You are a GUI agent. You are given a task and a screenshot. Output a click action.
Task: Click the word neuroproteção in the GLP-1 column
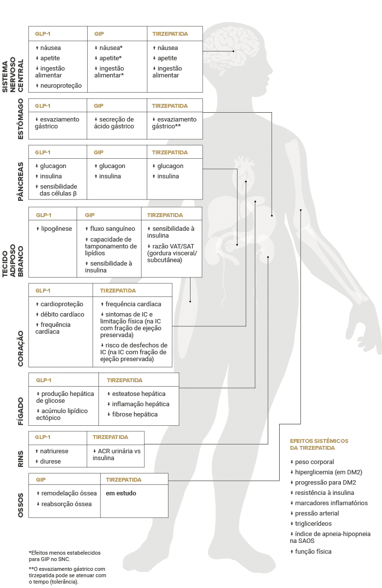point(61,86)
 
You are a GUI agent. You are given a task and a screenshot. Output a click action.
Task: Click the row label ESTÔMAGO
point(21,119)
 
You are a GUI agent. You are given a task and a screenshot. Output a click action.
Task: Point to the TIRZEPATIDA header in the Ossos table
point(123,480)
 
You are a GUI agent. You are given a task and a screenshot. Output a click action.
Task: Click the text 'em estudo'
point(121,493)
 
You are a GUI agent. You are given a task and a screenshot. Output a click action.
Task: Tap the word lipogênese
point(56,229)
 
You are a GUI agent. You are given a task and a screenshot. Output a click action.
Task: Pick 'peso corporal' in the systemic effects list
point(314,462)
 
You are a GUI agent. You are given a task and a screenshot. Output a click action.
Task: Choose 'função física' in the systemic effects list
point(313,552)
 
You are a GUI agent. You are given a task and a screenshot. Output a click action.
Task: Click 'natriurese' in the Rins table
point(54,451)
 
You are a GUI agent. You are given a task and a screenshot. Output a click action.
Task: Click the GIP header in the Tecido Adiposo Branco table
point(90,215)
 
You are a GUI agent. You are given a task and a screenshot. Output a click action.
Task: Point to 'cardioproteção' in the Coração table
point(62,304)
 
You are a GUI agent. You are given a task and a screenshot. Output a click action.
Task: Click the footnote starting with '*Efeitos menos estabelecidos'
point(65,556)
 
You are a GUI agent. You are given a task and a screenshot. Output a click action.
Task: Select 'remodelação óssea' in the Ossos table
point(69,493)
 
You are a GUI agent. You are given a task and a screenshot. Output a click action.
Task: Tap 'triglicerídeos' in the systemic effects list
point(313,524)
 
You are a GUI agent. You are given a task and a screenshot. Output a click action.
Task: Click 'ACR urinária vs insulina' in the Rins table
point(117,454)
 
